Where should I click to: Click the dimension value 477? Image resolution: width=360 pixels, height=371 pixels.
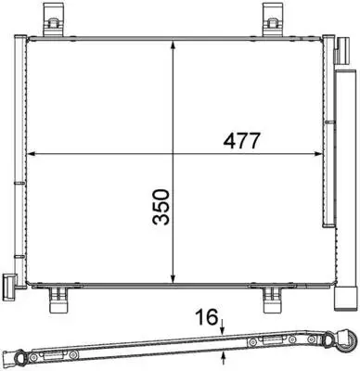240,141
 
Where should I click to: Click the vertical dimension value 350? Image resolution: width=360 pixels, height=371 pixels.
161,207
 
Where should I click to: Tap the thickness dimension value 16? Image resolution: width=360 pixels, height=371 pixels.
206,317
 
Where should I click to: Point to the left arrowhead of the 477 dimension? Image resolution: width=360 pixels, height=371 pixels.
32,154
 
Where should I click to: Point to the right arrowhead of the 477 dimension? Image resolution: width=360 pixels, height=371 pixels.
317,154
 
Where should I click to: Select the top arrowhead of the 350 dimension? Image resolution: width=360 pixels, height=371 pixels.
174,44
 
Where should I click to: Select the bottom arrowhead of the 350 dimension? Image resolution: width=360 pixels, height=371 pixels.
174,278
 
